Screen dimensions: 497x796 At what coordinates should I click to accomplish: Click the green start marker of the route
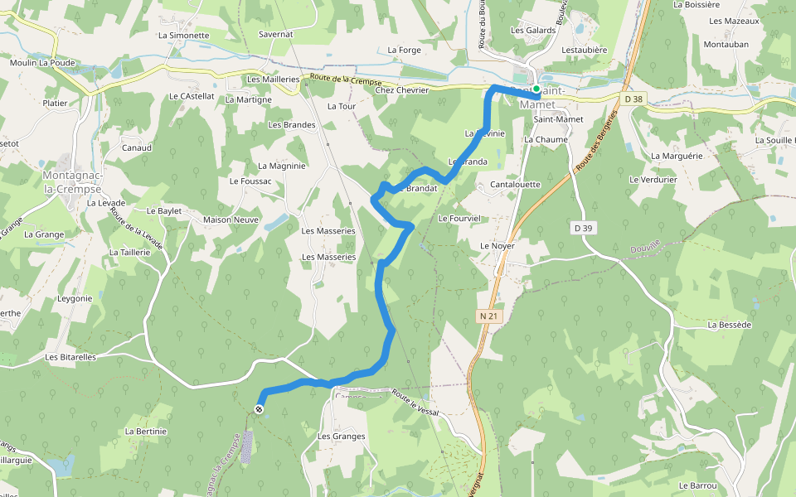[x=536, y=89]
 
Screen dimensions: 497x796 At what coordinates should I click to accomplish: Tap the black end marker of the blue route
[x=260, y=408]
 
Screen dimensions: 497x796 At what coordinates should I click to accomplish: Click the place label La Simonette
[x=183, y=36]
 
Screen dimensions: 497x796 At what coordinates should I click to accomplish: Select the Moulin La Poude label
[x=42, y=62]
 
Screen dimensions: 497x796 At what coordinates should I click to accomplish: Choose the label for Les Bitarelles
[x=70, y=357]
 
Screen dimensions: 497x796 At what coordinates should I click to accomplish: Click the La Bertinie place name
[x=146, y=432]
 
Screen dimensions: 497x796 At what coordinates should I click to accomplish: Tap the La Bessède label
[x=730, y=325]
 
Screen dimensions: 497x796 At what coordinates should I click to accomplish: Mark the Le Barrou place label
[x=696, y=485]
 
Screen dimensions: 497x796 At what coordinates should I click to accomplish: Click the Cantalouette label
[x=515, y=185]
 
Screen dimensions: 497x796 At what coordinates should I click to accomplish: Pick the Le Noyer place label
[x=498, y=246]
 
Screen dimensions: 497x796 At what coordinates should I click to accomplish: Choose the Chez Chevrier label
[x=402, y=90]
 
